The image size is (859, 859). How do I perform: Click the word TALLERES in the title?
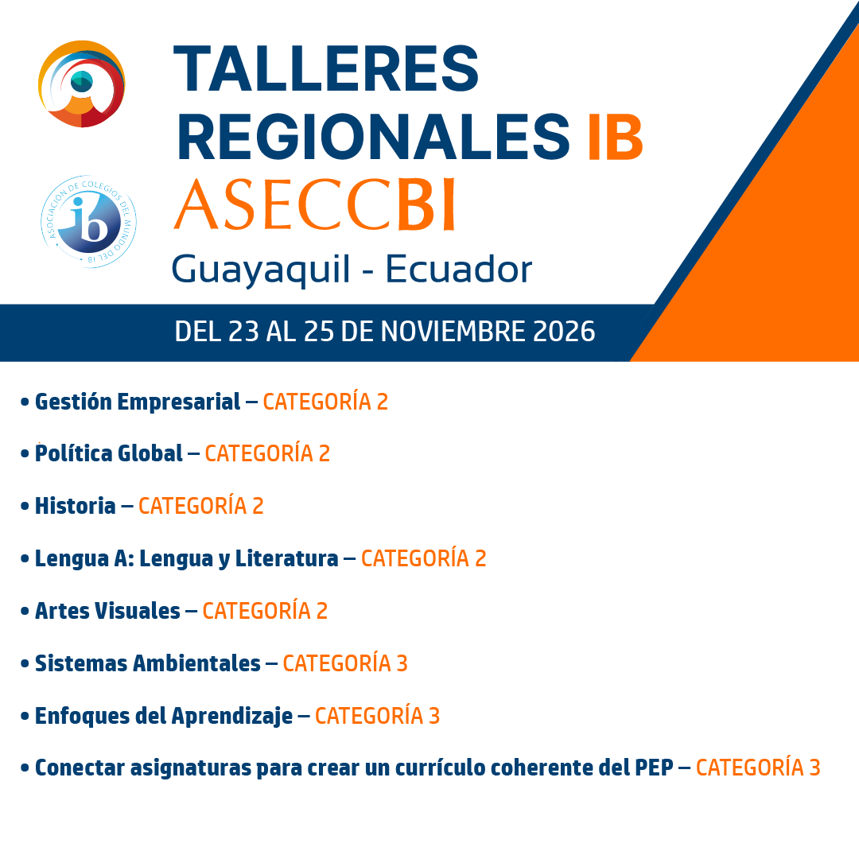pos(326,68)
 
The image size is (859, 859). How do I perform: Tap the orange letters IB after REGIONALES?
pos(615,137)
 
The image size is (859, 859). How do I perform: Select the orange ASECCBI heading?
pos(314,204)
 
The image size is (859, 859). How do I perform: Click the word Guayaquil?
pos(260,270)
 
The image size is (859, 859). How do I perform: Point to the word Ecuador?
pos(459,269)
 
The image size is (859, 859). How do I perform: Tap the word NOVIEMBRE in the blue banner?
pos(453,332)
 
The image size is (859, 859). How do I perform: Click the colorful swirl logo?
pos(82,84)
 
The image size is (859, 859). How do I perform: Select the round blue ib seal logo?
pos(89,222)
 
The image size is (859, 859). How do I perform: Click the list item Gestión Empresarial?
pos(138,402)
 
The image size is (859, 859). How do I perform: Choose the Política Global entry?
pos(108,453)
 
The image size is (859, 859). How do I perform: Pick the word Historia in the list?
pos(75,506)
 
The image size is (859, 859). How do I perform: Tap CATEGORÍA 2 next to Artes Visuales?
pos(265,610)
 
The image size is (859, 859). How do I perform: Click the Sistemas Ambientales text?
pos(148,663)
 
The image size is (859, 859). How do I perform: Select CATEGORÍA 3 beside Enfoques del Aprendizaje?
pos(378,716)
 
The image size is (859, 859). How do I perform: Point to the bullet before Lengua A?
pos(25,559)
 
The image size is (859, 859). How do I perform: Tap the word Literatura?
pos(286,558)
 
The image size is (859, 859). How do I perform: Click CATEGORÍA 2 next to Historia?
pos(201,506)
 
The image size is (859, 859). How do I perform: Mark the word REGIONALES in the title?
pos(374,137)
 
